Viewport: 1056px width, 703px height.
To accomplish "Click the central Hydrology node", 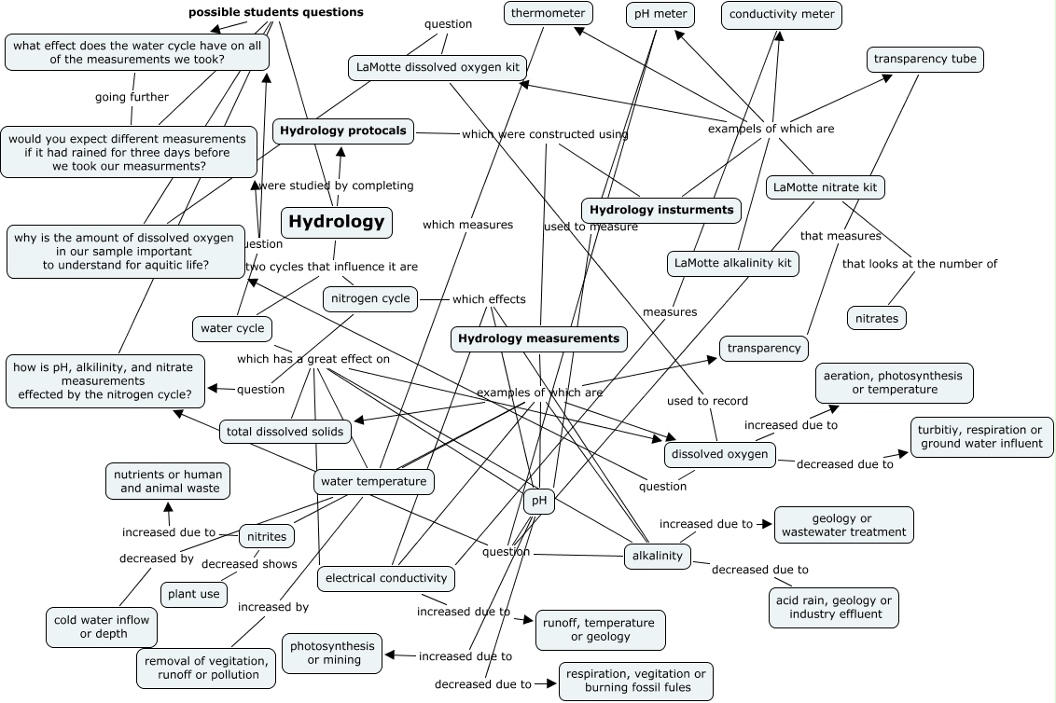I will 336,222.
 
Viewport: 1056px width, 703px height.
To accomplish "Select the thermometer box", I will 549,13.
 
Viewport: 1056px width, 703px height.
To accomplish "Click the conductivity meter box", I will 782,15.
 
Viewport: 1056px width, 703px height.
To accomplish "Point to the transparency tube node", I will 924,60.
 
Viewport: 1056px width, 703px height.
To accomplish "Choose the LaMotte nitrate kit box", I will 825,187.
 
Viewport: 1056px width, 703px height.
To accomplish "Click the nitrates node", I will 877,318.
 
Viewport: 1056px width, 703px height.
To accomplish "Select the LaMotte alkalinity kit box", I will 733,264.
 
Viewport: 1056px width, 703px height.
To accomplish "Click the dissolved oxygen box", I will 719,454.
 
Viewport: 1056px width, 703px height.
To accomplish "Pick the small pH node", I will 538,501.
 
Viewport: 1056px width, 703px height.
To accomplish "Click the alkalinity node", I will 657,557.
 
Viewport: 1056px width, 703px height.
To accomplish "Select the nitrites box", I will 267,536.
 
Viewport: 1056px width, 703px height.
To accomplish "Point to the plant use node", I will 194,594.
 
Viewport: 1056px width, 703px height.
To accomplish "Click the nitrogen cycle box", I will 370,299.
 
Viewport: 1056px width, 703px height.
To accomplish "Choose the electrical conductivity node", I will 386,578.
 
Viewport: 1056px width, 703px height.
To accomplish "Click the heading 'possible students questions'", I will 275,12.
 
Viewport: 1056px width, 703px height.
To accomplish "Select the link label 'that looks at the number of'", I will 919,264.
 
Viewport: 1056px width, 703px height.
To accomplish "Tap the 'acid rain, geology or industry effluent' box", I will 833,607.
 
